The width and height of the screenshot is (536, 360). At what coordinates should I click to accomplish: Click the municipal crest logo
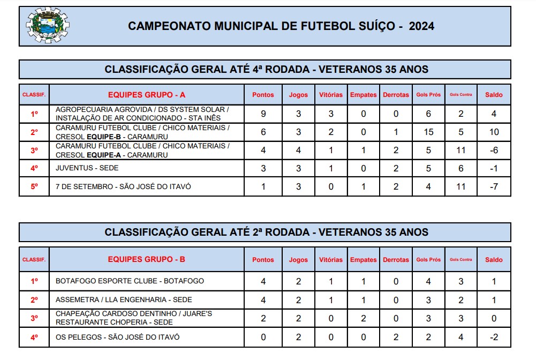point(47,25)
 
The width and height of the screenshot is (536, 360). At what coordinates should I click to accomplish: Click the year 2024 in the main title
point(421,26)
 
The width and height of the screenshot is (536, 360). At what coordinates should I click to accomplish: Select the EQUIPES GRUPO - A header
point(147,95)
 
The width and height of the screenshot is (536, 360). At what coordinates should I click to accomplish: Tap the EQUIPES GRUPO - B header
point(147,259)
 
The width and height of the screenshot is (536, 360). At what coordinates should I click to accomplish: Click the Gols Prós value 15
point(428,132)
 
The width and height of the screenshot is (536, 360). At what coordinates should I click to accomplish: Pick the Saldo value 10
point(494,132)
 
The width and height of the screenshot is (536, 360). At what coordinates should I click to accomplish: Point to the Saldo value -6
point(494,151)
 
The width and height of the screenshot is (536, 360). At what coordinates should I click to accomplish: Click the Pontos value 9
point(263,114)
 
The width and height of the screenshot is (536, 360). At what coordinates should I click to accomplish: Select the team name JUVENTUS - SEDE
point(87,168)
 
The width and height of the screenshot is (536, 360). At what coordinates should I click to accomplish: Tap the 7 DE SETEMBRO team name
point(123,187)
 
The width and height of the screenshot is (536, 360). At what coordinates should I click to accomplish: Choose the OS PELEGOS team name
point(118,337)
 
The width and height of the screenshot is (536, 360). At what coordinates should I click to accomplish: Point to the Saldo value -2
point(494,337)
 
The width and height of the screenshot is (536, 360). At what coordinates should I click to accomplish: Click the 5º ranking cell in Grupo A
point(34,187)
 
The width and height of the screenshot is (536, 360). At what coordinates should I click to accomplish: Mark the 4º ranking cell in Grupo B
point(34,337)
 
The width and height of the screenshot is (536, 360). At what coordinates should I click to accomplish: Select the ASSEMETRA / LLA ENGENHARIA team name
point(124,300)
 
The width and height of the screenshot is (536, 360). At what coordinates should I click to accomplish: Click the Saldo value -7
point(494,187)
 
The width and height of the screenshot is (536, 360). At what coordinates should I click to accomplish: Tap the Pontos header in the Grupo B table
point(263,260)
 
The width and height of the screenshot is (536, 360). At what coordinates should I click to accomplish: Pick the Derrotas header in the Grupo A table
point(396,95)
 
